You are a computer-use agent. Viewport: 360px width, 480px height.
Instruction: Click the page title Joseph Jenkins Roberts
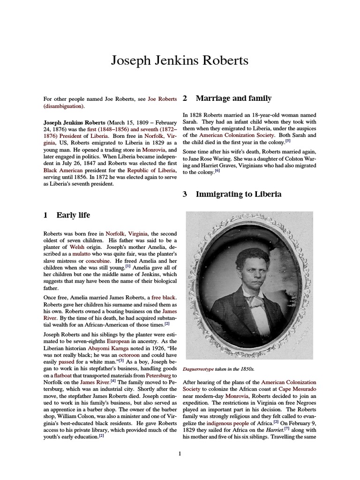click(180, 60)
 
